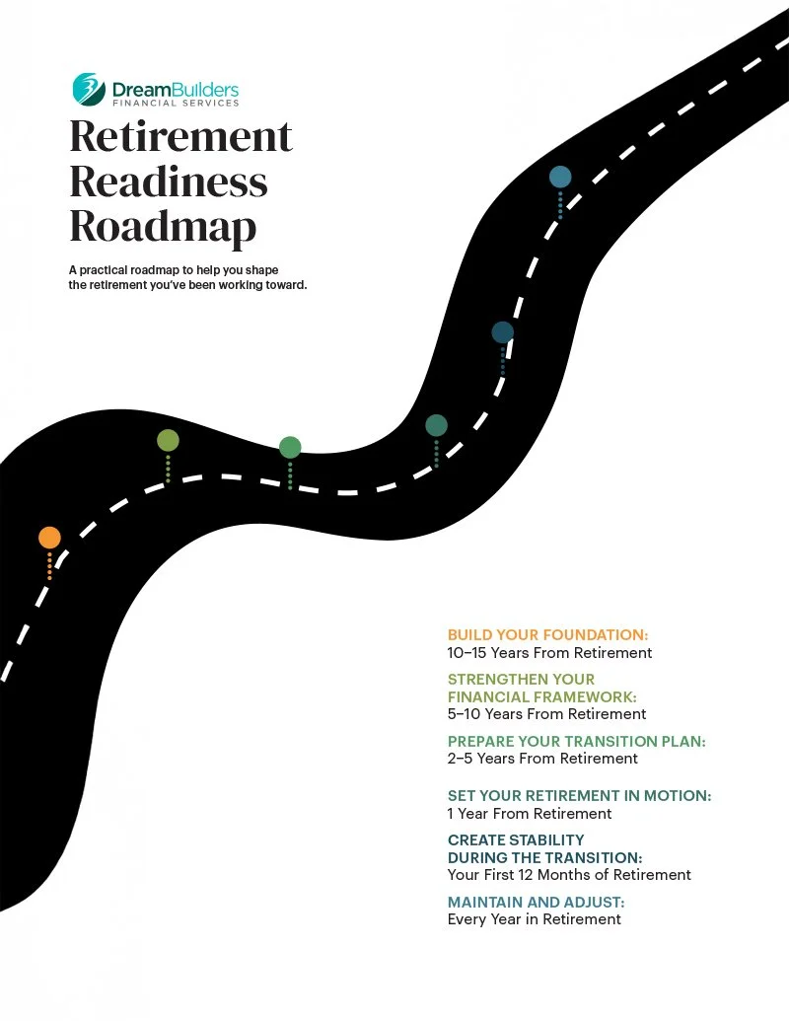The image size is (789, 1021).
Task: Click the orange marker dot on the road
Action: pos(49,538)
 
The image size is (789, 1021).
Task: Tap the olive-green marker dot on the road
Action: pos(168,441)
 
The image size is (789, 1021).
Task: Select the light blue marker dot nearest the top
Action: pos(560,177)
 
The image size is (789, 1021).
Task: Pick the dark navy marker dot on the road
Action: pos(503,332)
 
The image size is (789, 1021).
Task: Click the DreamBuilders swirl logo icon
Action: pos(88,89)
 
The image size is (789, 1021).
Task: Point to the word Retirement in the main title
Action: pos(180,136)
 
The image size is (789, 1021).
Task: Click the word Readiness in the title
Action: pos(168,182)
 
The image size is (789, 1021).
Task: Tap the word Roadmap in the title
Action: pos(163,227)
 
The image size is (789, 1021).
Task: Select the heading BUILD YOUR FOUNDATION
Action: pos(547,634)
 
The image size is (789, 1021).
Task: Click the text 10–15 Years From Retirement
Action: pos(549,652)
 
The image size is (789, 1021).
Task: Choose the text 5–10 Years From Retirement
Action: pos(546,713)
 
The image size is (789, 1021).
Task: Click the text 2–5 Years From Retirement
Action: pos(542,759)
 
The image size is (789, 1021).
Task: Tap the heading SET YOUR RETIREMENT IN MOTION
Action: pos(579,796)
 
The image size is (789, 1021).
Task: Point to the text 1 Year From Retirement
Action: pos(530,814)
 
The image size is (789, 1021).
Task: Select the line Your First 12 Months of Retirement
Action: pos(569,875)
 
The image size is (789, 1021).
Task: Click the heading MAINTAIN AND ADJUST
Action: pos(536,902)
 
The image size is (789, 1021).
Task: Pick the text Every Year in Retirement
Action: pos(534,919)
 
